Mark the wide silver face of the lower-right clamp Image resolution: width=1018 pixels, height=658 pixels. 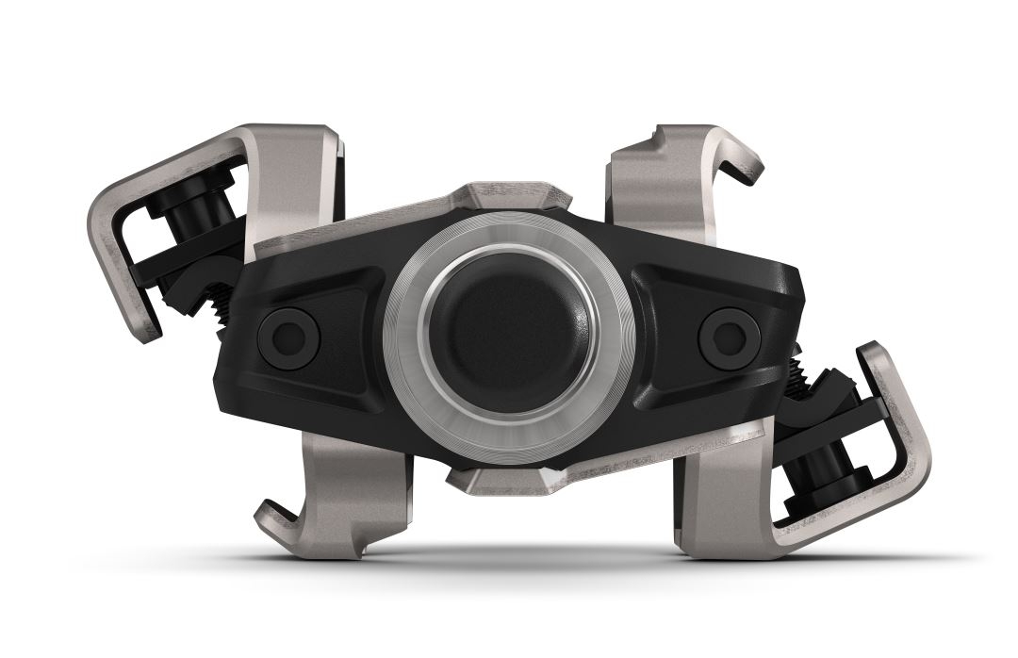click(x=726, y=500)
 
